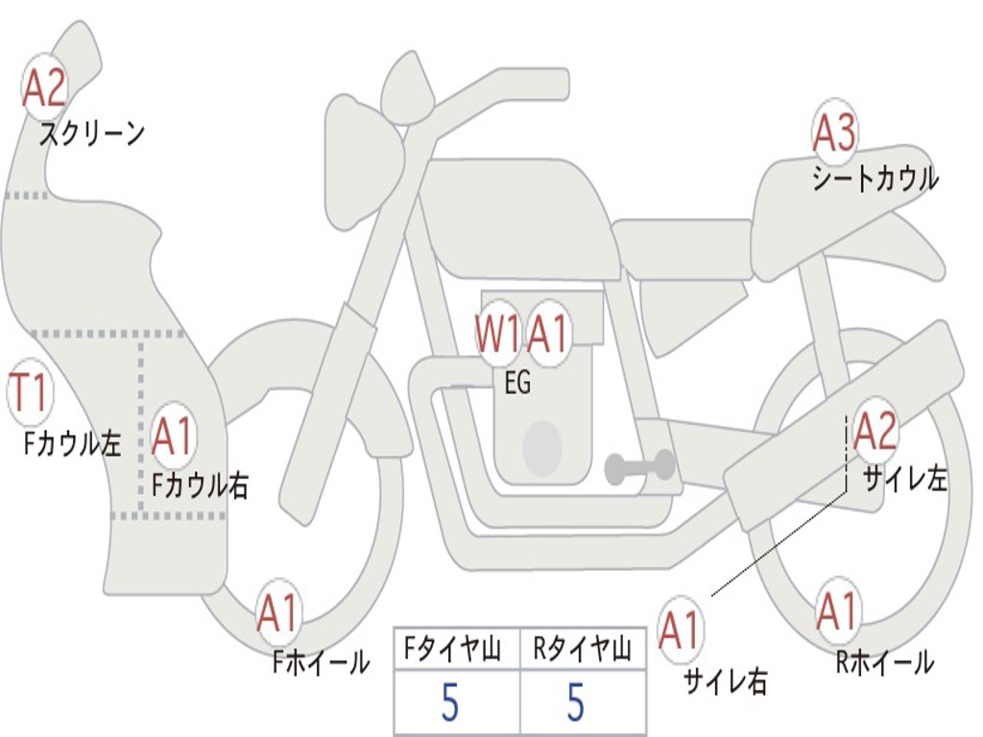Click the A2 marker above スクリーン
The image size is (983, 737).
point(44,88)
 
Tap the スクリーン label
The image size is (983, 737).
point(92,133)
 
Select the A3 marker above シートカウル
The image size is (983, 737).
point(834,132)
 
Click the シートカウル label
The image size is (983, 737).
point(875,178)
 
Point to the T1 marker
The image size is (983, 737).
point(30,392)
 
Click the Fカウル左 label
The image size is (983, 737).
point(72,443)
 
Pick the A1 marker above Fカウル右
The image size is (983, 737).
point(172,436)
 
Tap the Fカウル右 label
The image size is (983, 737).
point(201,485)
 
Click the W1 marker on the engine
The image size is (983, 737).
point(498,334)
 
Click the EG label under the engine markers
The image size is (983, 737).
point(517,382)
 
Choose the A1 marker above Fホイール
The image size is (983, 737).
point(277,613)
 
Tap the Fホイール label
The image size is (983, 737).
point(321,662)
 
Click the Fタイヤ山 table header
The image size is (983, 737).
point(453,649)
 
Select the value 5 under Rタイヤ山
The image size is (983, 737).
point(576,701)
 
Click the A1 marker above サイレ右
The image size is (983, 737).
point(681,630)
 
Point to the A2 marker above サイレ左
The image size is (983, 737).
point(875,431)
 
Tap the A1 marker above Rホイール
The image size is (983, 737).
point(837,611)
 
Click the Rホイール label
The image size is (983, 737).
point(885,662)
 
